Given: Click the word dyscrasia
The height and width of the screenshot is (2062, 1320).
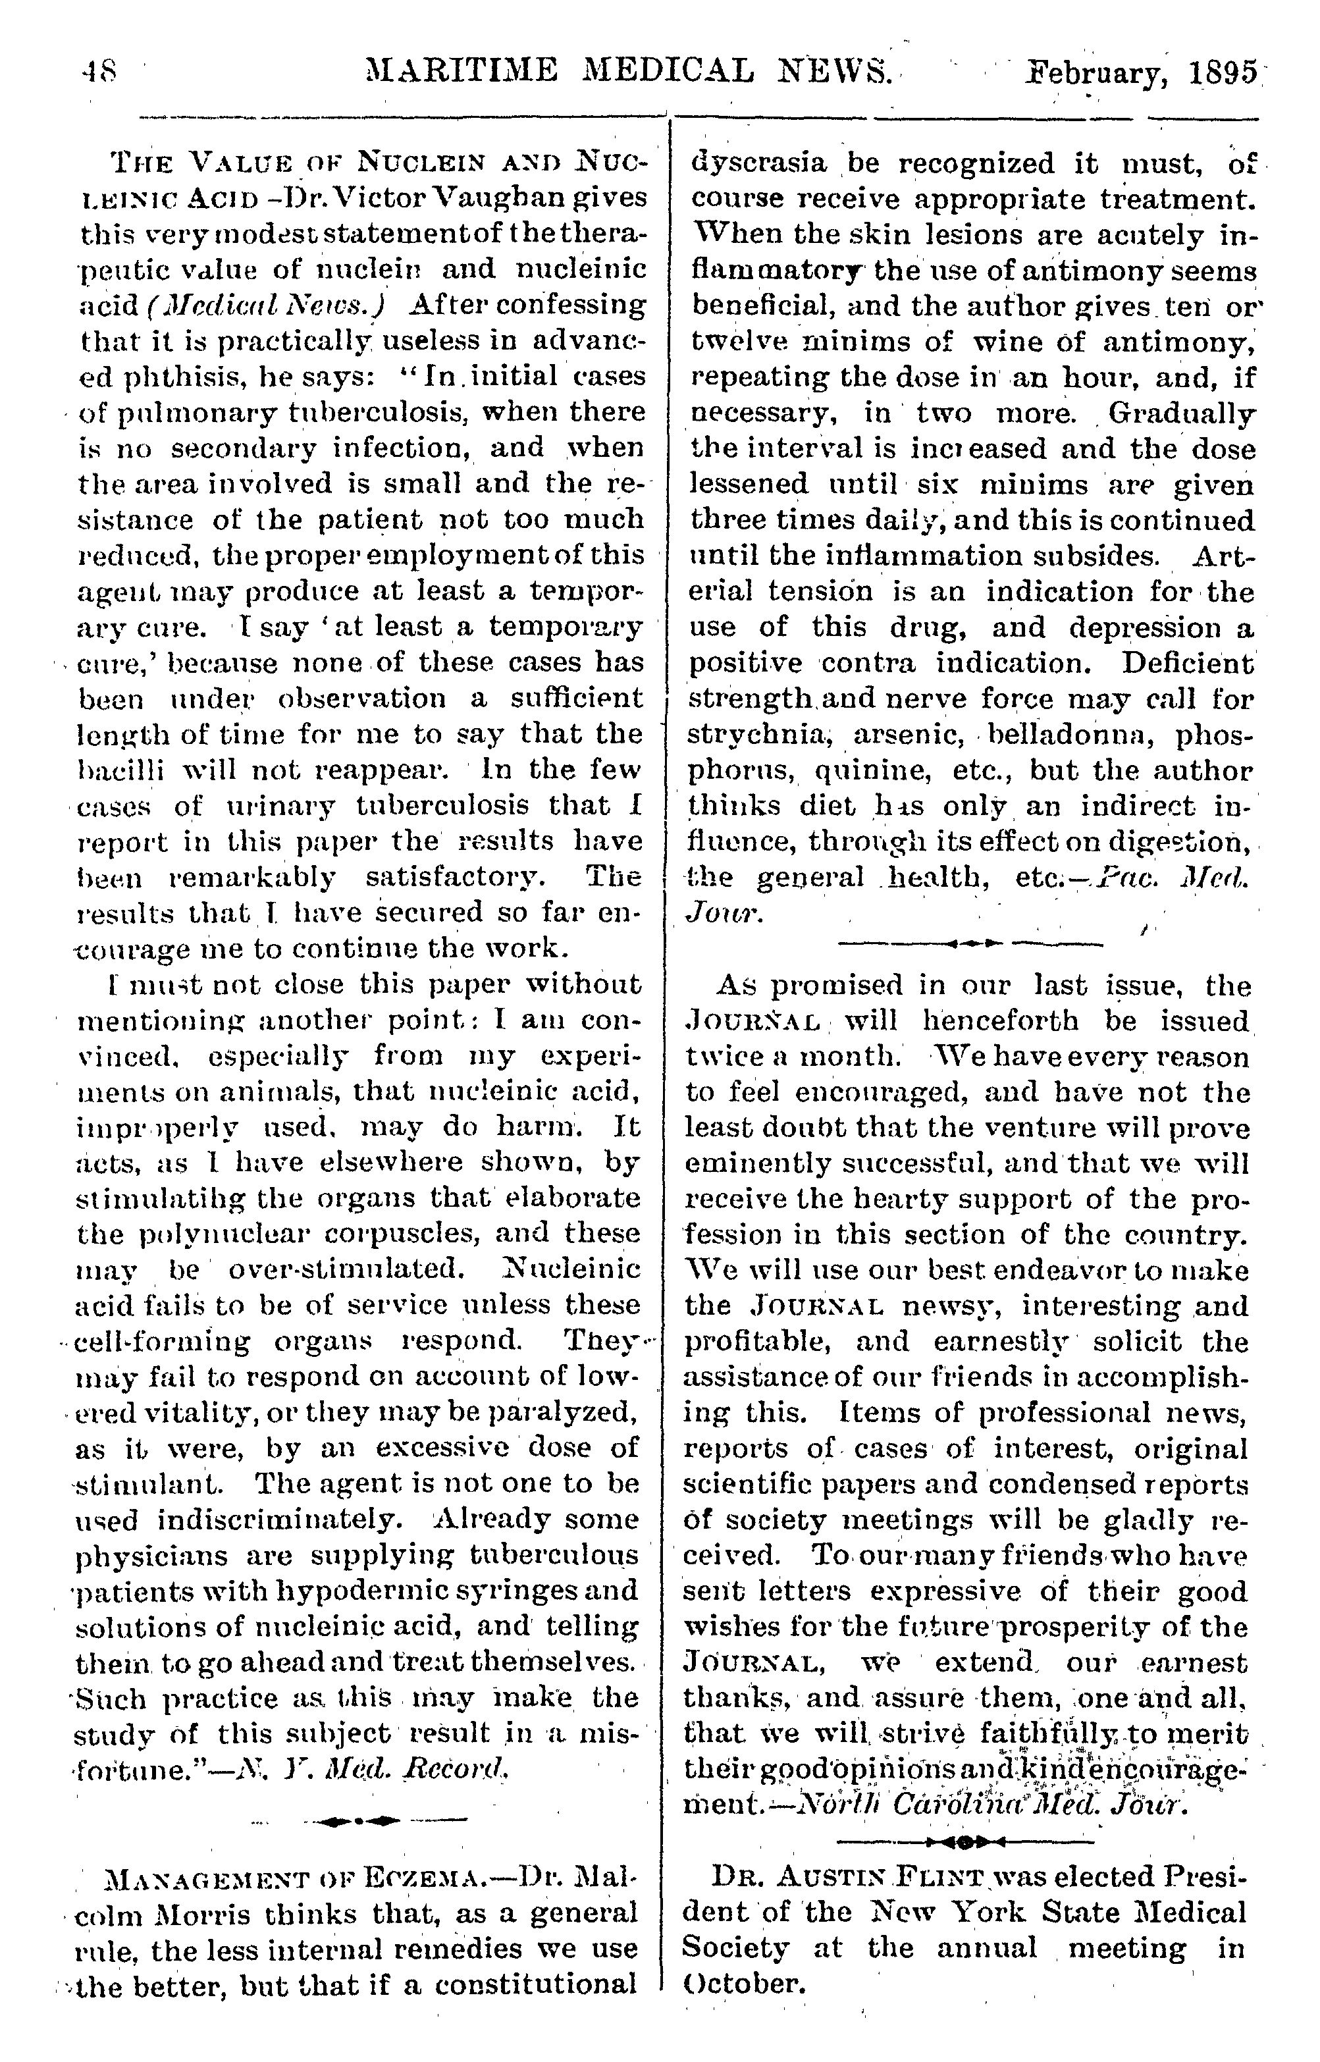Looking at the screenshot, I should [760, 163].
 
